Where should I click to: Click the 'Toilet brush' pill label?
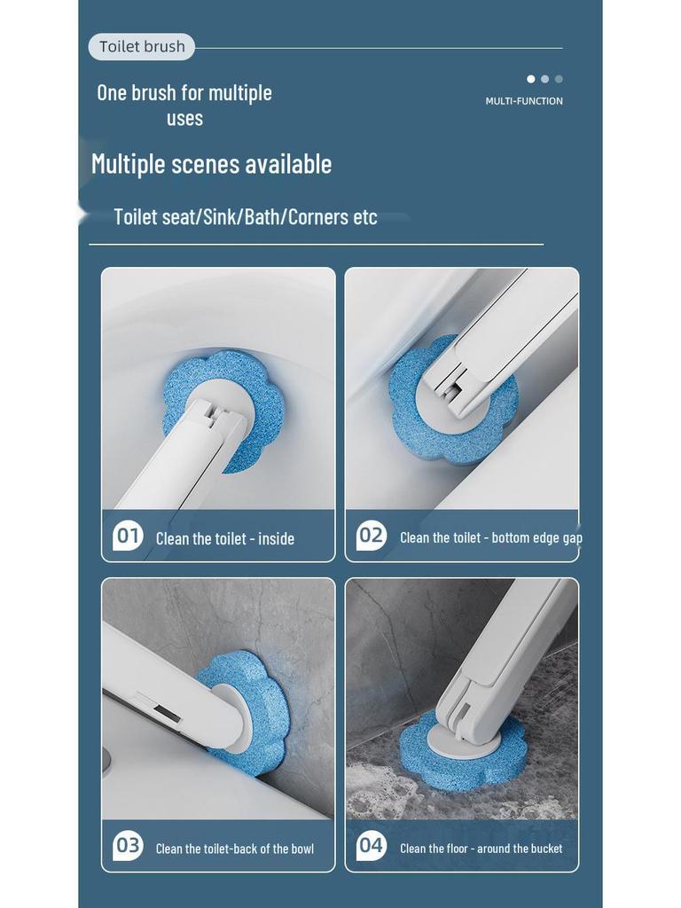point(142,47)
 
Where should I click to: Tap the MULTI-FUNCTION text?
point(524,101)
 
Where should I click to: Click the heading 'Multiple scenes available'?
point(211,164)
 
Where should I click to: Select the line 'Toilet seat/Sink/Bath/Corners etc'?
point(246,217)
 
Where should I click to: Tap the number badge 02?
point(372,536)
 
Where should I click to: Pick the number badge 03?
point(129,846)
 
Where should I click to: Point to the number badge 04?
point(372,846)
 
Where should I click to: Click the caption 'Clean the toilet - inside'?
point(225,538)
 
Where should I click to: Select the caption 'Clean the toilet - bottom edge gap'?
point(490,537)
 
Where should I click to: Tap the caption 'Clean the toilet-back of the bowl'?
point(235,849)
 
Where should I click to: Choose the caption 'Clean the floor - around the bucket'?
point(481,849)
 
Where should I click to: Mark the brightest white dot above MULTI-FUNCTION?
point(531,79)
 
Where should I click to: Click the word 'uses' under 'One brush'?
point(184,119)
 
